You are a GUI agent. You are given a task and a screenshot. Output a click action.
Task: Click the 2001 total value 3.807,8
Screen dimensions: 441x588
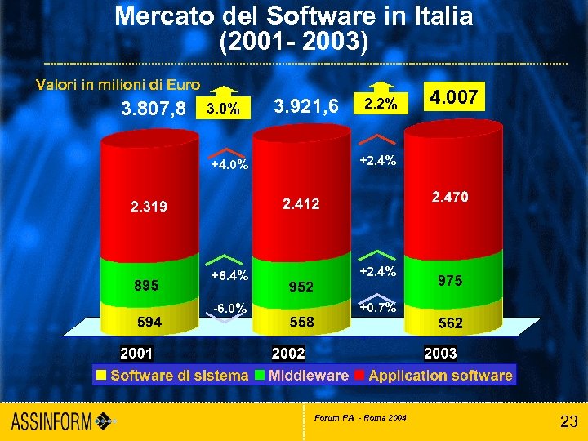coord(154,108)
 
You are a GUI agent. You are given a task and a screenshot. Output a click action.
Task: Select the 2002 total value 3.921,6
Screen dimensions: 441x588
coord(307,106)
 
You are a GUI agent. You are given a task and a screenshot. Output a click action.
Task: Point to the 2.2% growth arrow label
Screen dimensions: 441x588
coord(381,105)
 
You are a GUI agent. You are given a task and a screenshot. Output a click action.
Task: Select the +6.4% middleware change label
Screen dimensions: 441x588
coord(229,275)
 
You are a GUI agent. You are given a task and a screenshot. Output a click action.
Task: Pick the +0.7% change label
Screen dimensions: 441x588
coord(378,308)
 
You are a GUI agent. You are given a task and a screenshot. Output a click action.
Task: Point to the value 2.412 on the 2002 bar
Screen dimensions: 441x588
coord(301,203)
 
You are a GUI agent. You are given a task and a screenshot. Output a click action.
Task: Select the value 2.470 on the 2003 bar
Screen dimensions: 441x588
coord(450,197)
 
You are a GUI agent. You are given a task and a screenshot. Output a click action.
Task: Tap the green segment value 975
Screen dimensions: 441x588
coord(450,280)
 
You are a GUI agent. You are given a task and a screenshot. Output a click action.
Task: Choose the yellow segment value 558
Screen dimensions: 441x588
coord(301,322)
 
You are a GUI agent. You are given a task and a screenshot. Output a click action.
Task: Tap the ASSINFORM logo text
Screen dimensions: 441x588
coord(53,421)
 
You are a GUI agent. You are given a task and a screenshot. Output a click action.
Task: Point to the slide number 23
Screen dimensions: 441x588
coord(568,421)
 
